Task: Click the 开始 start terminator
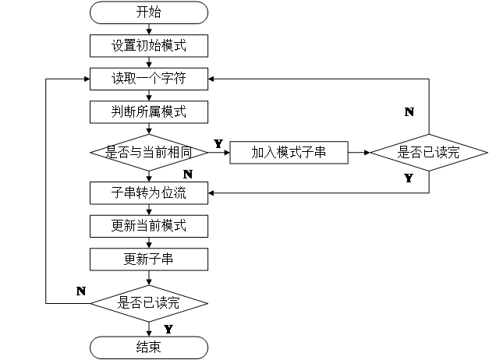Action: (149, 12)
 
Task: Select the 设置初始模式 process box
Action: (149, 45)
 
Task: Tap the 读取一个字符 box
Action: (149, 79)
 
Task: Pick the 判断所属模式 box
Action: (149, 111)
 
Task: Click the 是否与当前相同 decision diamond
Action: (149, 152)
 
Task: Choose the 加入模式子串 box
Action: (289, 153)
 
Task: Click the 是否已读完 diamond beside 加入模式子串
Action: (429, 153)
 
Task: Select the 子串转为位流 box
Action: (149, 192)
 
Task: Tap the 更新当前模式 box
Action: (149, 226)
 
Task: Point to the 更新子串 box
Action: (149, 259)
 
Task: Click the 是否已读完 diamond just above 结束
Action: (149, 303)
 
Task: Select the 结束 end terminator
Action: (149, 347)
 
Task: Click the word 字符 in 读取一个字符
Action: (173, 79)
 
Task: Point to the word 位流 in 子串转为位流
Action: (173, 192)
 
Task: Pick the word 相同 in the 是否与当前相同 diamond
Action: (179, 152)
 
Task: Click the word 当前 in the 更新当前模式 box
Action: (149, 226)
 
